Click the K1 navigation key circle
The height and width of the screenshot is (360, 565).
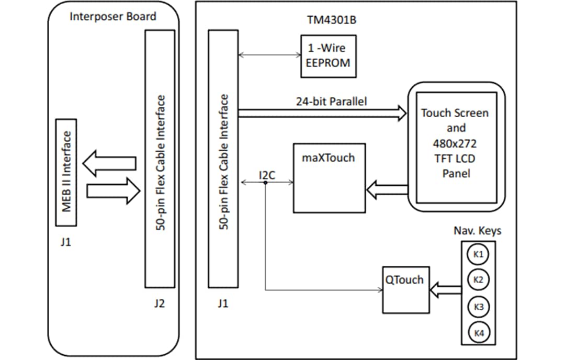click(478, 255)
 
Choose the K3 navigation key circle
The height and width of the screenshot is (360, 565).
click(478, 307)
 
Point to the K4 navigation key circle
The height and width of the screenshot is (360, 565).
click(478, 332)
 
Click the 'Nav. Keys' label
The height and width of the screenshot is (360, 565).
click(477, 231)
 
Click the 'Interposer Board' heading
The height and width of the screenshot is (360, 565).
click(113, 16)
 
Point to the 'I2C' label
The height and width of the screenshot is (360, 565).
click(267, 175)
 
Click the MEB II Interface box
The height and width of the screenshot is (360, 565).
click(66, 172)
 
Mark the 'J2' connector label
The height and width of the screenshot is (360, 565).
click(159, 303)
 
